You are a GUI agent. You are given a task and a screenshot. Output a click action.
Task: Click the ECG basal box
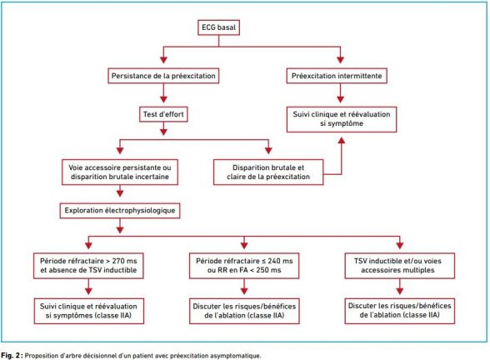(218, 27)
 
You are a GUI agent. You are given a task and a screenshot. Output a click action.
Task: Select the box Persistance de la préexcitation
(163, 76)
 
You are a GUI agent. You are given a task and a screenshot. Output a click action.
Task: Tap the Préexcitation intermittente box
(337, 76)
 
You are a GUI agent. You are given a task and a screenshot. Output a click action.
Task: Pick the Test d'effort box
(163, 114)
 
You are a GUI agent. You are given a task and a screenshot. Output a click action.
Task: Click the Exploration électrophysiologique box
(120, 210)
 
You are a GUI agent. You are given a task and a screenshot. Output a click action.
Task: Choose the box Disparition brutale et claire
(268, 172)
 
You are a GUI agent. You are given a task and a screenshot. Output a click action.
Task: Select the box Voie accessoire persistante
(120, 172)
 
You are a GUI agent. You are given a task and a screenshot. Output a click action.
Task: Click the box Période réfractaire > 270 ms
(88, 266)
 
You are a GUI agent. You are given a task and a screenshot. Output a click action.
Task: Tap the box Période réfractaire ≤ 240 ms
(244, 266)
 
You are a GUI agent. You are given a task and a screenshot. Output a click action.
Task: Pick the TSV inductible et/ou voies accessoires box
(400, 266)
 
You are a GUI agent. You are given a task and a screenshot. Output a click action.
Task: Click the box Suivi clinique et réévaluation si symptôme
(342, 119)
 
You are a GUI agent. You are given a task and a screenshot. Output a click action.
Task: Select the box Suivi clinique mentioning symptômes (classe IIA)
(88, 311)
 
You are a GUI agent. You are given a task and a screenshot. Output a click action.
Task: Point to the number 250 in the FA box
(262, 270)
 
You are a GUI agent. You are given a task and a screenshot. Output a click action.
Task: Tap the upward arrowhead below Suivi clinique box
(342, 140)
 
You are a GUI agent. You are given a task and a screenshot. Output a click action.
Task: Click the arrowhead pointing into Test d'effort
(163, 99)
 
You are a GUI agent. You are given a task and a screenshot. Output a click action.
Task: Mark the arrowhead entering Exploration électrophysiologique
(120, 192)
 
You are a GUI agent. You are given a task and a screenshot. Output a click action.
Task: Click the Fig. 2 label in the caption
(12, 356)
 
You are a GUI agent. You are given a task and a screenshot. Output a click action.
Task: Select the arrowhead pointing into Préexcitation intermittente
(340, 59)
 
